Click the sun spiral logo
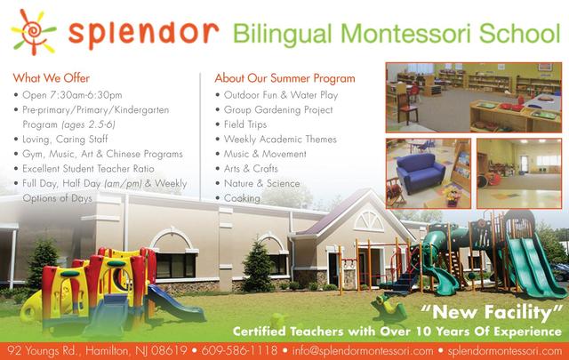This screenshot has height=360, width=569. coord(33,32)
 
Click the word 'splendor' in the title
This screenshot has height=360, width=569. coord(143,34)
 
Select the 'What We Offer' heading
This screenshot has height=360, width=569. coord(52,78)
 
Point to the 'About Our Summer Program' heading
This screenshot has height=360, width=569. coord(284,78)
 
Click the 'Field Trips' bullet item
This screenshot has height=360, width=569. coord(245,124)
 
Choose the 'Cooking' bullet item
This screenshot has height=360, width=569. coord(242,198)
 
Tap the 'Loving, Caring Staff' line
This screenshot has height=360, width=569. coord(65,139)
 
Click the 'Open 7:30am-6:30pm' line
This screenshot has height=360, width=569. coord(72,95)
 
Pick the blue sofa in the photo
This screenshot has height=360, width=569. coord(420,172)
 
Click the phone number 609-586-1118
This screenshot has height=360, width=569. coord(239,351)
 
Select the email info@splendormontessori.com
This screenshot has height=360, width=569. coord(363,351)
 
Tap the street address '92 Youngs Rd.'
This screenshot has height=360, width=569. coord(43,351)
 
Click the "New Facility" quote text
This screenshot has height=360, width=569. coord(492,312)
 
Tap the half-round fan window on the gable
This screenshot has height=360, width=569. coord(369,221)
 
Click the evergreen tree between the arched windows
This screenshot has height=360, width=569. coord(257,267)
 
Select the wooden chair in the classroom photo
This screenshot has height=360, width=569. coord(407,107)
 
